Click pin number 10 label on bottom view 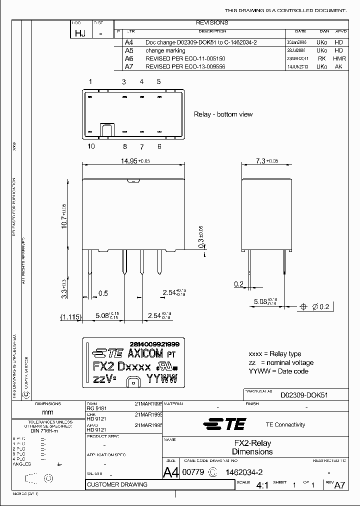pos(91,146)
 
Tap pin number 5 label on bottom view pos(159,81)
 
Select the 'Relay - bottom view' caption pos(223,114)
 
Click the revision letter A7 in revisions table pos(129,66)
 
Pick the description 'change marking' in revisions pos(165,50)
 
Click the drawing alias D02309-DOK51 pos(303,395)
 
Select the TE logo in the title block pos(225,424)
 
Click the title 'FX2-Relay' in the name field pos(253,443)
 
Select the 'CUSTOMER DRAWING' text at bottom pos(117,484)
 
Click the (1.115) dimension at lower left pos(70,316)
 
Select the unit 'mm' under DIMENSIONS pos(47,412)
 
